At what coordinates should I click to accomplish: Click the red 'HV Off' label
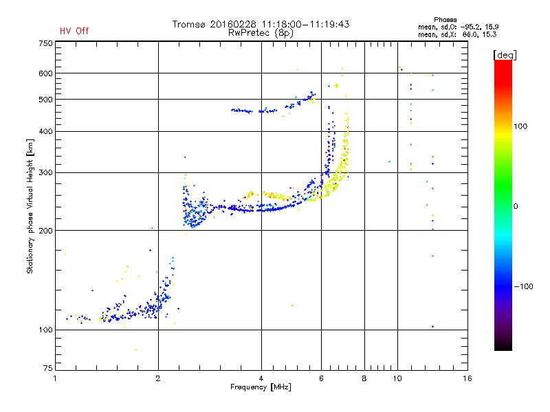pyautogui.click(x=74, y=31)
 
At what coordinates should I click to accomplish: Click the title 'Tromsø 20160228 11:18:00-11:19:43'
pyautogui.click(x=261, y=24)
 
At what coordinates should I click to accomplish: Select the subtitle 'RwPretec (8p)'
pyautogui.click(x=261, y=32)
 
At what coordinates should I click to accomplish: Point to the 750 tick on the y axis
pyautogui.click(x=46, y=43)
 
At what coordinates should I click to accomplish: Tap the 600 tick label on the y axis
pyautogui.click(x=46, y=73)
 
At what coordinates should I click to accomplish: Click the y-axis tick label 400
pyautogui.click(x=46, y=131)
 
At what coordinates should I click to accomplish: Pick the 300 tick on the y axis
pyautogui.click(x=46, y=173)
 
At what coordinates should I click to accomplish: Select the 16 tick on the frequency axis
pyautogui.click(x=467, y=379)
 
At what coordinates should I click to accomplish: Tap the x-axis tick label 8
pyautogui.click(x=364, y=379)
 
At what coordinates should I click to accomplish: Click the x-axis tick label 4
pyautogui.click(x=261, y=379)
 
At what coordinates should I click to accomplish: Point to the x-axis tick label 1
pyautogui.click(x=55, y=379)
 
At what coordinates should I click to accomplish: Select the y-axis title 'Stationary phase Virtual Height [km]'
pyautogui.click(x=30, y=206)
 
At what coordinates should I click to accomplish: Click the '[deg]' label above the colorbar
pyautogui.click(x=505, y=54)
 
